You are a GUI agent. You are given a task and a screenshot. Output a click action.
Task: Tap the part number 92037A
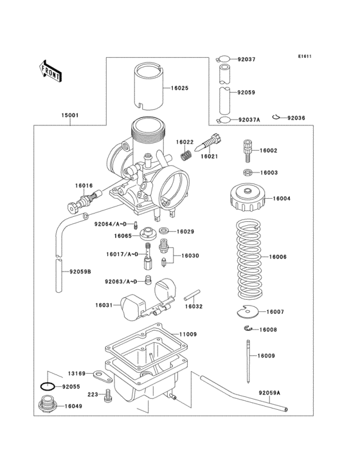click(248, 120)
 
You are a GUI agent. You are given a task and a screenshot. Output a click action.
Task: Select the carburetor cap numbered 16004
click(245, 199)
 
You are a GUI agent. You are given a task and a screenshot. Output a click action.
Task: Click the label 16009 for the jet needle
click(266, 355)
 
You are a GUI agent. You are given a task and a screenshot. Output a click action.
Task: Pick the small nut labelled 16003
click(248, 172)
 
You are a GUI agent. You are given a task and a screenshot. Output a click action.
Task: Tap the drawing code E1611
click(304, 56)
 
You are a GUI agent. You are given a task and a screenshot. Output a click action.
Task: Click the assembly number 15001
click(70, 116)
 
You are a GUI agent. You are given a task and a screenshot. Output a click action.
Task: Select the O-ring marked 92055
click(47, 387)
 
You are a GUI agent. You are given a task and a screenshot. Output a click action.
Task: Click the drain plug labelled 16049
click(48, 406)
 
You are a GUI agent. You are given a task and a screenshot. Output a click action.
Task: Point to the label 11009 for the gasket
click(188, 335)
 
